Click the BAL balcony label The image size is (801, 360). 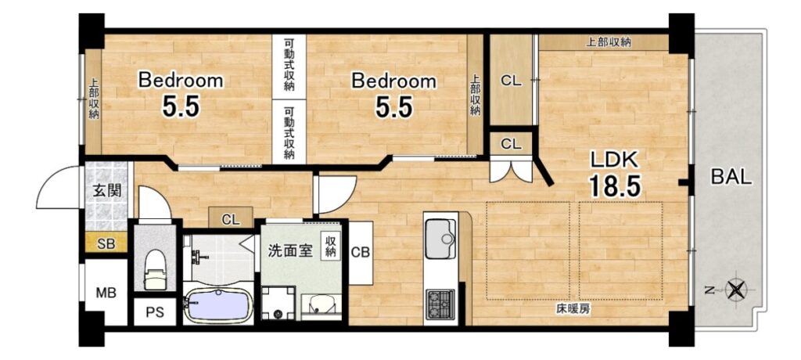[731, 178]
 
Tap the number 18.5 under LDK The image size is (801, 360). [615, 185]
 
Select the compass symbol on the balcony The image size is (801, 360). [735, 290]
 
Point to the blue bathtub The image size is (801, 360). [218, 306]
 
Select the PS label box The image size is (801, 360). [155, 312]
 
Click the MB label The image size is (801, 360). [106, 293]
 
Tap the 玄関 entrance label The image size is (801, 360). [106, 191]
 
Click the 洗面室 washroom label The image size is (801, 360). [290, 251]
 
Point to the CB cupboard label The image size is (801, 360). [361, 252]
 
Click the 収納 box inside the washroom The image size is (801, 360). [331, 246]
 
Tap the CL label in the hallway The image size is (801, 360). [231, 221]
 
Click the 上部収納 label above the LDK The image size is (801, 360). [608, 43]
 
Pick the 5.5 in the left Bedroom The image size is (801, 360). [181, 107]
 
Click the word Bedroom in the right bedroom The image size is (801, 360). [394, 81]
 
